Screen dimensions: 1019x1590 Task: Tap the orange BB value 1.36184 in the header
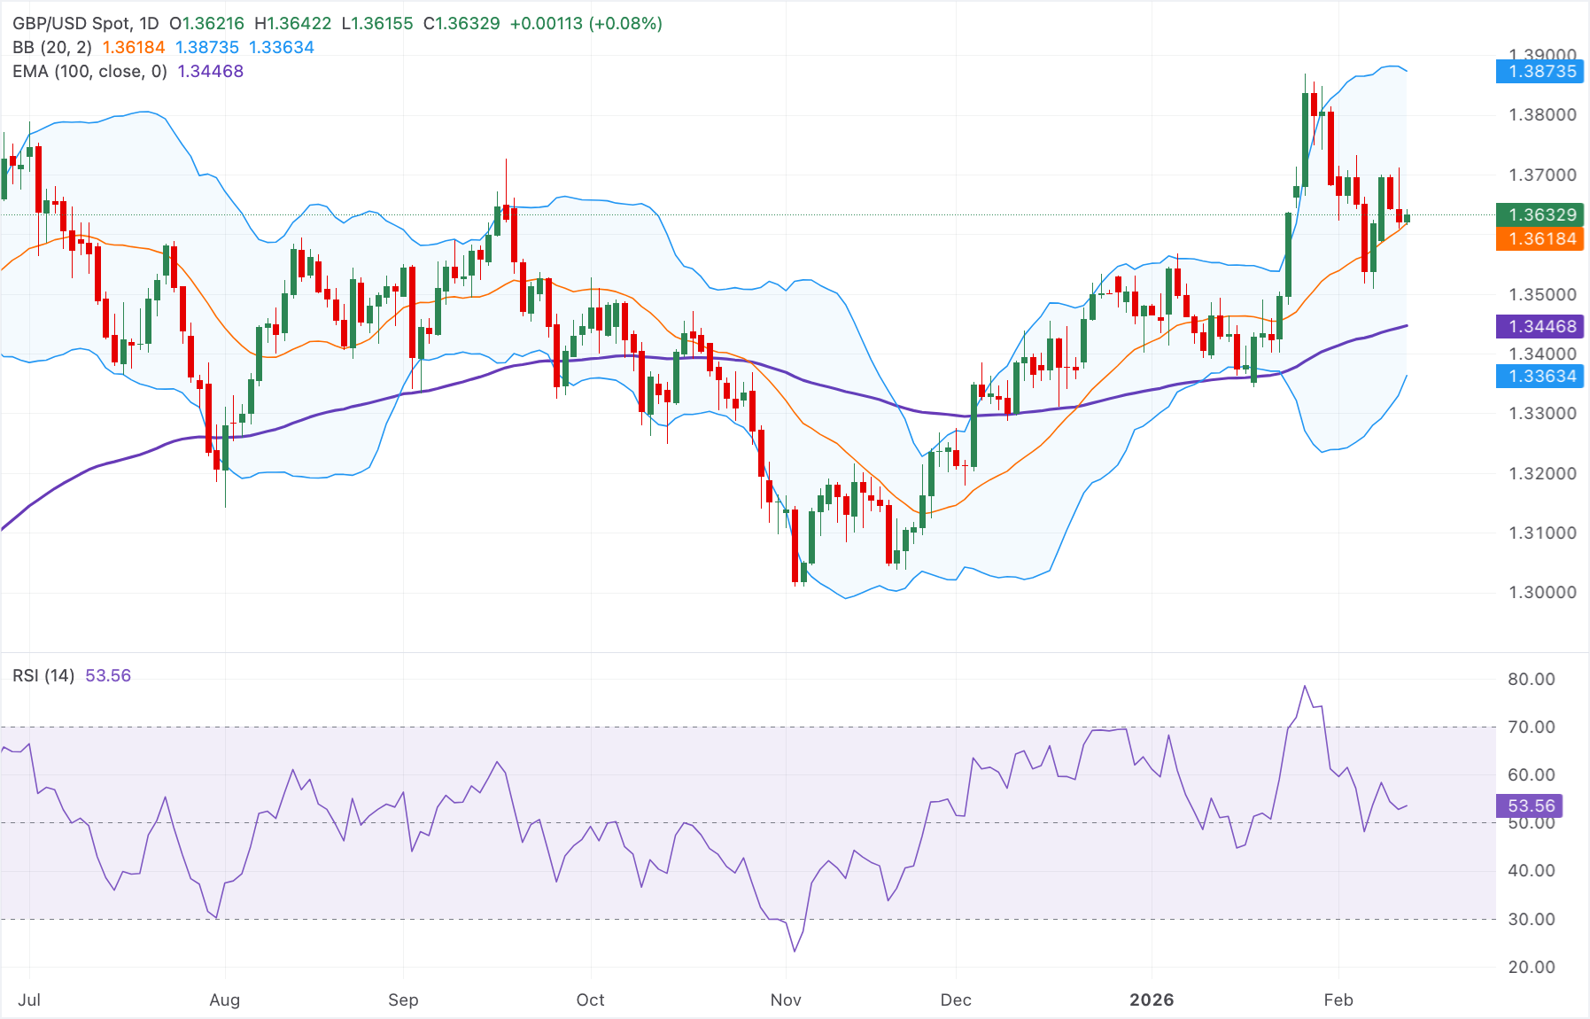pyautogui.click(x=134, y=48)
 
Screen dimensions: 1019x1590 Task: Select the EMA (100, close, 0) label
pyautogui.click(x=89, y=72)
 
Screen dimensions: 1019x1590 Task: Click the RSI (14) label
pyautogui.click(x=43, y=676)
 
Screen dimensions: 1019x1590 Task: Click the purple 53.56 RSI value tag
pyautogui.click(x=1531, y=805)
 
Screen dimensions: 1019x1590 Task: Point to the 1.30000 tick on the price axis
pyautogui.click(x=1542, y=593)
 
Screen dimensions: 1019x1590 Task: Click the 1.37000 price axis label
pyautogui.click(x=1542, y=175)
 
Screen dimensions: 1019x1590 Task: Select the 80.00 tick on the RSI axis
pyautogui.click(x=1531, y=680)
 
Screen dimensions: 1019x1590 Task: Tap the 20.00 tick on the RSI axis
pyautogui.click(x=1531, y=968)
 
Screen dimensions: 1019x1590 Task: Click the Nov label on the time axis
pyautogui.click(x=786, y=1000)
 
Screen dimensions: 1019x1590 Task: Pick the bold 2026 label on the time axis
pyautogui.click(x=1152, y=1000)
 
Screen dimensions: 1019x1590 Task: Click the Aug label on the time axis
pyautogui.click(x=224, y=1000)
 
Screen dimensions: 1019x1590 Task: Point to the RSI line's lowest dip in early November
pyautogui.click(x=795, y=951)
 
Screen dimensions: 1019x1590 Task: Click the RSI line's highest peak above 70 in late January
pyautogui.click(x=1305, y=687)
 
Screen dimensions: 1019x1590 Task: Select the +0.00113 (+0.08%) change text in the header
pyautogui.click(x=586, y=24)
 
